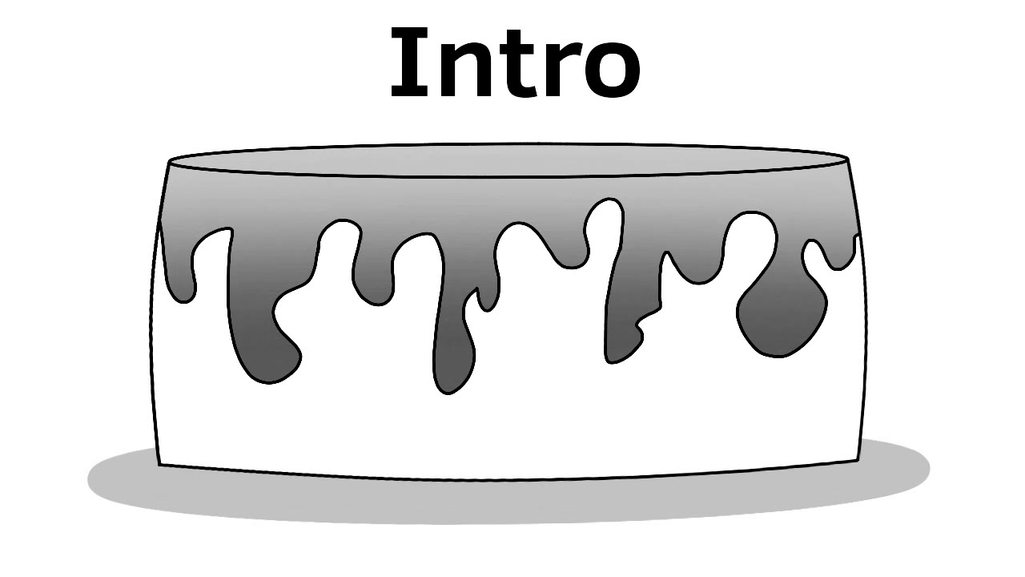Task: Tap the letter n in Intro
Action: point(454,71)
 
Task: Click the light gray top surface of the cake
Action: point(508,159)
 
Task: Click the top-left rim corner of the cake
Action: point(169,162)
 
